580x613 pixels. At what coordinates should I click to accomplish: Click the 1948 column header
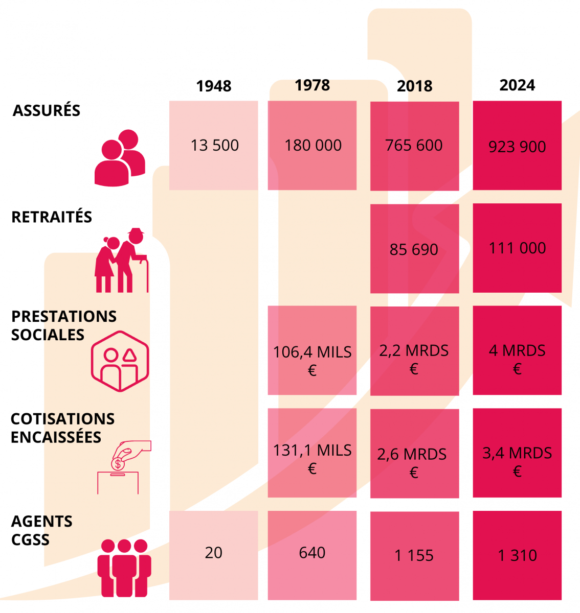click(214, 86)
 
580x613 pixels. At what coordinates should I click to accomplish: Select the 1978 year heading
click(312, 85)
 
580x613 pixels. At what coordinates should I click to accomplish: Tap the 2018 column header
click(415, 86)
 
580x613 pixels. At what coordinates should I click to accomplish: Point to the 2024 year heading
click(517, 85)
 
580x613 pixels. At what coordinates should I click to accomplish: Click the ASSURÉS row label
click(47, 110)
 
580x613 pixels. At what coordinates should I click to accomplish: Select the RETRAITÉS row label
click(52, 217)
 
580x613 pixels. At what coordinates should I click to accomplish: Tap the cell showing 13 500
click(214, 146)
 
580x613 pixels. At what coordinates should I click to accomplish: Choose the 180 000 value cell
click(313, 146)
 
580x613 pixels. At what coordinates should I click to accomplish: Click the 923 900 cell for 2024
click(517, 146)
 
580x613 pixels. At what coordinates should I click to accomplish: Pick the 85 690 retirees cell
click(414, 249)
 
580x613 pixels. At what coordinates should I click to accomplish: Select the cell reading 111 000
click(517, 248)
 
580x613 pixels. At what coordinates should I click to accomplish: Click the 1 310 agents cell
click(517, 555)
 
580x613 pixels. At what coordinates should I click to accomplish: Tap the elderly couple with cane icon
click(122, 261)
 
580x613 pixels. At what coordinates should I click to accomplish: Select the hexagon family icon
click(120, 361)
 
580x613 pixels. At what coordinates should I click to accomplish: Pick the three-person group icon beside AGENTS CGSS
click(124, 568)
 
